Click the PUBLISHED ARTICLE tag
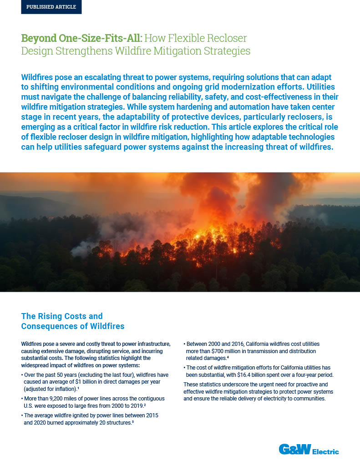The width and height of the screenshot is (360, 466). point(51,7)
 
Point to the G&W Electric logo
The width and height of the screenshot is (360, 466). point(309,451)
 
